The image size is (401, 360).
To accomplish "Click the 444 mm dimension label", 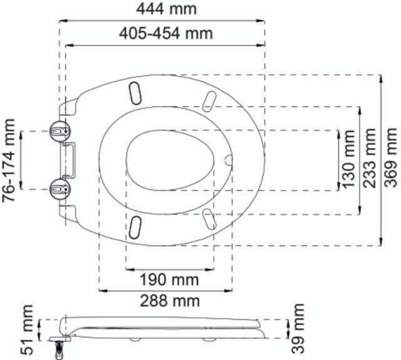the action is point(166,9).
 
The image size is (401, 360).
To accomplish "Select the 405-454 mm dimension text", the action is point(166,33).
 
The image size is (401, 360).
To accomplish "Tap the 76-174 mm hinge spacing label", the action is point(9,161).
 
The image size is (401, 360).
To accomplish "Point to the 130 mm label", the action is point(348,159).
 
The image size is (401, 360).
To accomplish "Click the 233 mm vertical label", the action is point(370,158).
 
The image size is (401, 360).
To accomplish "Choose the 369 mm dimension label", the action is point(391,157).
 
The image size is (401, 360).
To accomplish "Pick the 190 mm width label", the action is point(169,280).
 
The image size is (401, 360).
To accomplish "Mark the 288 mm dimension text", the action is point(170,301).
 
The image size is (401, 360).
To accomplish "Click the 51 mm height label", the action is point(26,330).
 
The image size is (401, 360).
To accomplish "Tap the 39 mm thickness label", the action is point(298,329).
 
